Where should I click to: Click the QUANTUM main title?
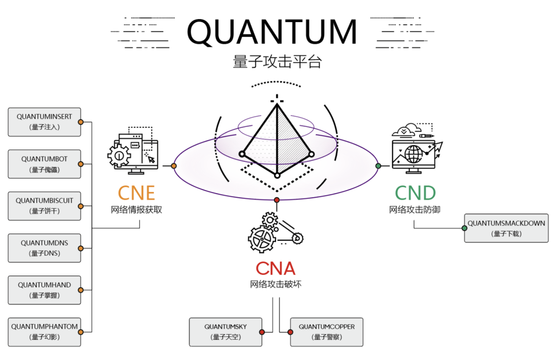(272, 31)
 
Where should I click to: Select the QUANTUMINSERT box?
(44, 122)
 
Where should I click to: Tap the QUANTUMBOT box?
(44, 164)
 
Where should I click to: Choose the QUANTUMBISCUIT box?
(44, 206)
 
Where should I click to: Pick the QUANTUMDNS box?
(44, 248)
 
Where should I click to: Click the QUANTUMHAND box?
(44, 290)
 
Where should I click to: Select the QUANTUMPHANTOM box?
(44, 332)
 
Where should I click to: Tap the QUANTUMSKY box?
(225, 332)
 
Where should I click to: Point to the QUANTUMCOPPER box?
(326, 332)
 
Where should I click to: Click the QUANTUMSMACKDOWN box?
(506, 228)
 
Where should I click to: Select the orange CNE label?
(136, 193)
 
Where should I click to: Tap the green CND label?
(415, 193)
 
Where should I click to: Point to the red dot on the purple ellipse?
(277, 200)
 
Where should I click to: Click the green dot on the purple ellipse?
(378, 166)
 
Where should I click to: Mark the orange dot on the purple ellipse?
(174, 166)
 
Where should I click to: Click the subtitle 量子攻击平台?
(277, 62)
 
